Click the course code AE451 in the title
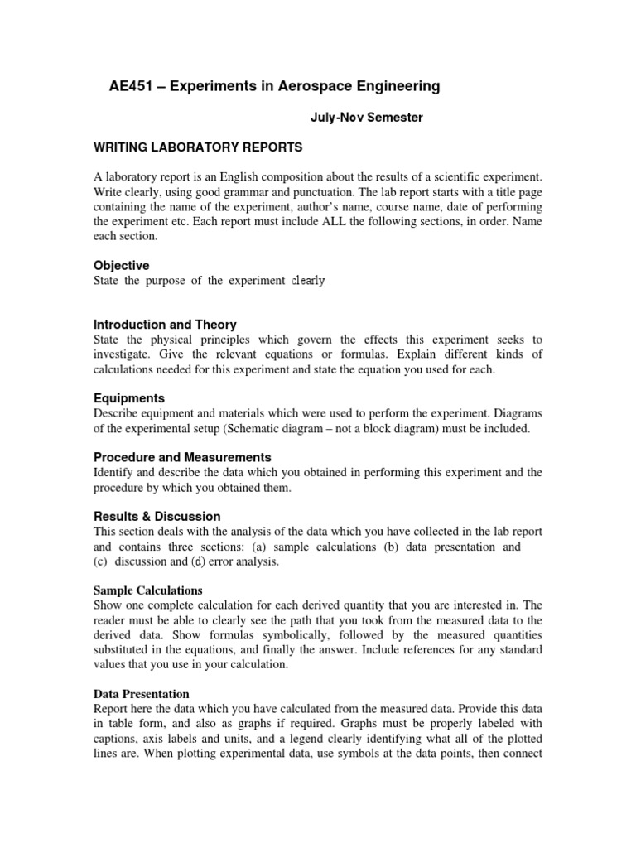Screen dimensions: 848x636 tap(131, 86)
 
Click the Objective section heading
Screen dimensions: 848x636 tap(121, 266)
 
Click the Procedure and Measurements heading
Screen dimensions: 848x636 tap(182, 457)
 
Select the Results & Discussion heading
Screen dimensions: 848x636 tap(157, 516)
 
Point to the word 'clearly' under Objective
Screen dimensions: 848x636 tap(307, 281)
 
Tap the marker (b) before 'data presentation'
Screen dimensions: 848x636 tap(391, 547)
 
